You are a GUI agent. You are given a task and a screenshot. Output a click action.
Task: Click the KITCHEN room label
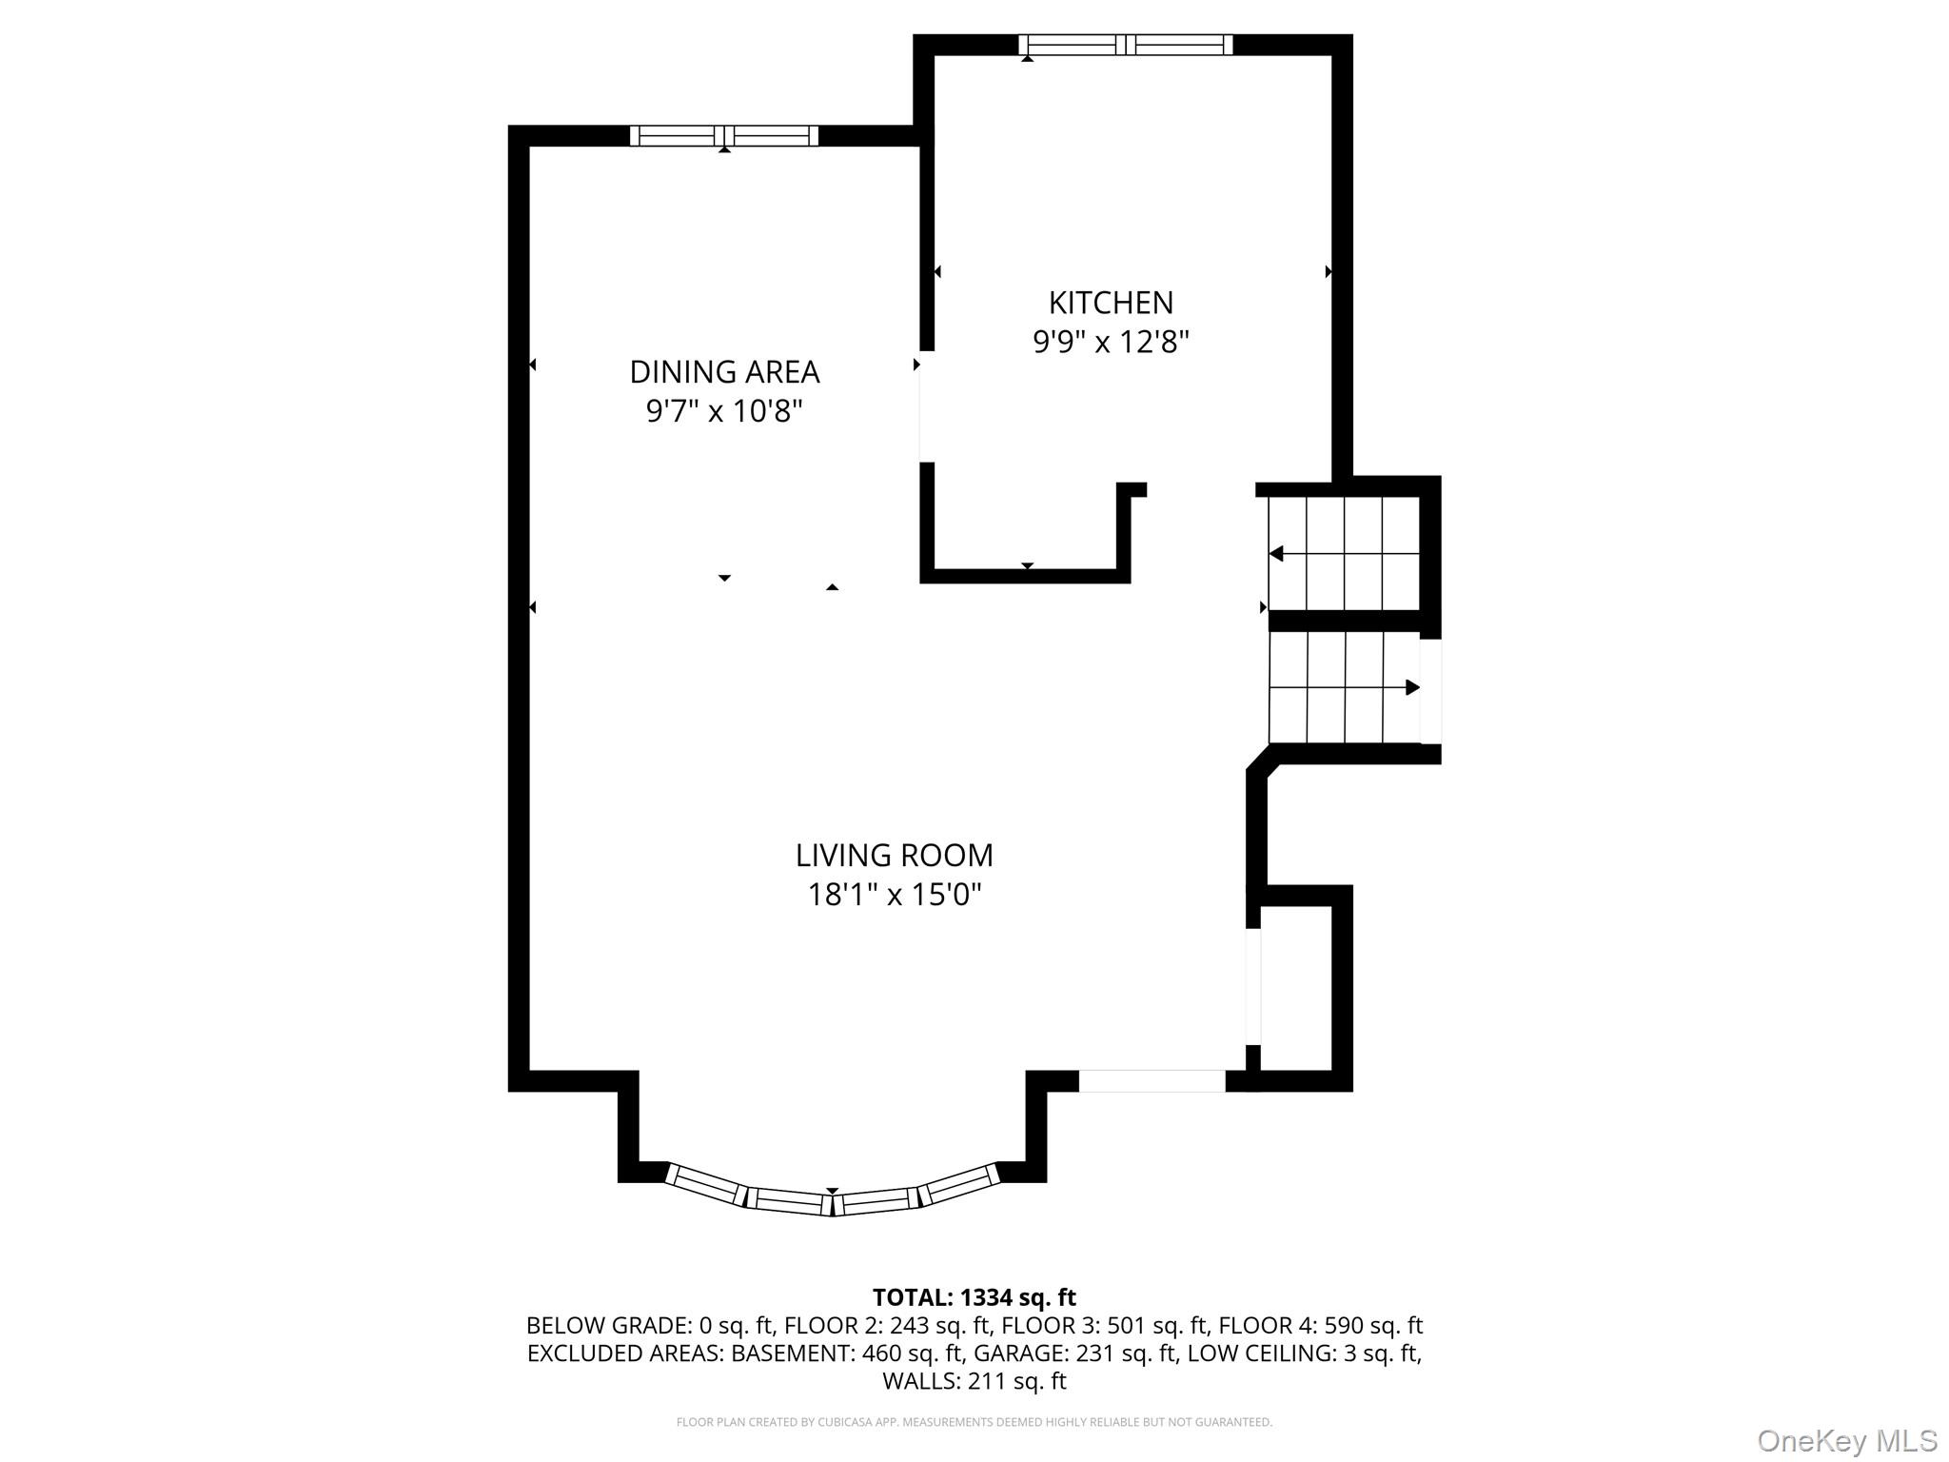pos(1111,303)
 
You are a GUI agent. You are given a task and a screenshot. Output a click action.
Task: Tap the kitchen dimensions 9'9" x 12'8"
pos(1111,342)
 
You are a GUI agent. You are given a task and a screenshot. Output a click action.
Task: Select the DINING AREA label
pos(724,371)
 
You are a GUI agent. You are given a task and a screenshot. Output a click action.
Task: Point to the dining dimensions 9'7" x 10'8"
pos(724,411)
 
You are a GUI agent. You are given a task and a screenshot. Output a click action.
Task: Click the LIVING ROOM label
pos(894,855)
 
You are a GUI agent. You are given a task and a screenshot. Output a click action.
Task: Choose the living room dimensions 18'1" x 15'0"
pos(894,895)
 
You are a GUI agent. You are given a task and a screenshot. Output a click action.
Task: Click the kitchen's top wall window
pos(1125,45)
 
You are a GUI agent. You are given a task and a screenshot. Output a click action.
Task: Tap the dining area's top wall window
pos(723,136)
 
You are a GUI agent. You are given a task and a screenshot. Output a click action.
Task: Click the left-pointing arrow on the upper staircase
pos(1277,554)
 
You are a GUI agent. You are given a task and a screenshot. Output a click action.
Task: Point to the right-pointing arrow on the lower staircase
pos(1412,687)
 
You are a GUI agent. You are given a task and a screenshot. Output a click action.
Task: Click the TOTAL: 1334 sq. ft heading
pos(974,1297)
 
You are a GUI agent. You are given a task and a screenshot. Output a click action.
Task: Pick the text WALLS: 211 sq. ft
pos(974,1380)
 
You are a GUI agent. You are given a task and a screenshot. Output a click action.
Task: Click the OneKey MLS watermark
pos(1846,1440)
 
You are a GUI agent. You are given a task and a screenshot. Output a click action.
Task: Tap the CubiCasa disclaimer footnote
pos(974,1422)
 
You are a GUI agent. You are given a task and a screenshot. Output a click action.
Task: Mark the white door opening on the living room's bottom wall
pos(1151,1080)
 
